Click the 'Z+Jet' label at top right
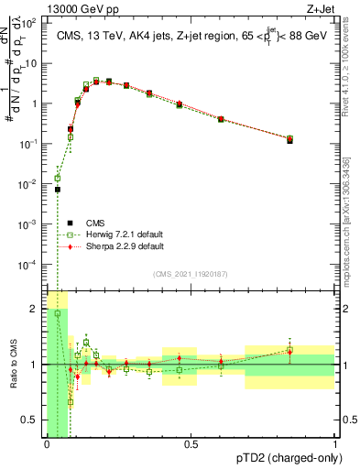(328, 8)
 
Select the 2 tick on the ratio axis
(35, 309)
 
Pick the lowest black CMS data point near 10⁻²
(57, 190)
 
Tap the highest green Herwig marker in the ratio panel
(57, 313)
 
